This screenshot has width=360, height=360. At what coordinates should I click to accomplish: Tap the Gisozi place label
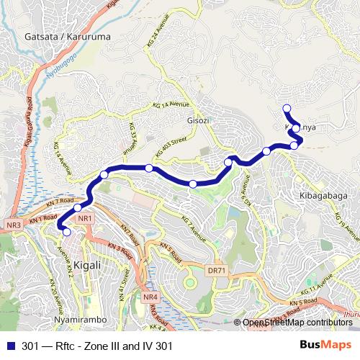click(x=198, y=120)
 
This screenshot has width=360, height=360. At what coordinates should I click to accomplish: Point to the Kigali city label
click(x=86, y=265)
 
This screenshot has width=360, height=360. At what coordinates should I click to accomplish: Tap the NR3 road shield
click(x=14, y=225)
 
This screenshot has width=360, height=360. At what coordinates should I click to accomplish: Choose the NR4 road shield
click(x=150, y=296)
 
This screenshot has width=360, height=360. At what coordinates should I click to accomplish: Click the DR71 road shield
click(x=216, y=271)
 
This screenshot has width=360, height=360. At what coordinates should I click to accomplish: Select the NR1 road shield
click(x=84, y=218)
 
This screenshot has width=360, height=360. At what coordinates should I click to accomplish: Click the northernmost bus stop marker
click(x=287, y=109)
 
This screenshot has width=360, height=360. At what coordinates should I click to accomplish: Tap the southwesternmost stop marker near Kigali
click(x=67, y=232)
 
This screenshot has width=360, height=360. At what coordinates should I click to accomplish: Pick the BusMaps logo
click(x=325, y=345)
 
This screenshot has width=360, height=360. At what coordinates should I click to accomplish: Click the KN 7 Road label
click(x=59, y=201)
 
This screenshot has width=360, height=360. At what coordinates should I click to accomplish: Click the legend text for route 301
click(x=98, y=346)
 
